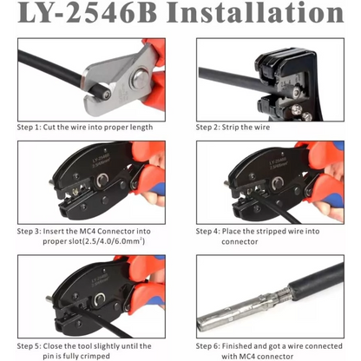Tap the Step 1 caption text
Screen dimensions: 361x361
85,127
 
